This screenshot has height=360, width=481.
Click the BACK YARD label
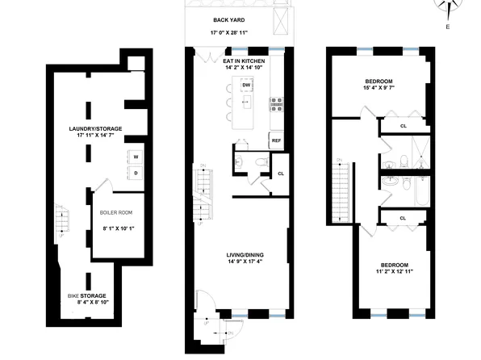click(x=229, y=19)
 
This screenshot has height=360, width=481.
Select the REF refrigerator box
click(x=275, y=140)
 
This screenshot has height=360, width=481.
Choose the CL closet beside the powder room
click(x=280, y=174)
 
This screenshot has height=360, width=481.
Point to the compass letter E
click(x=447, y=27)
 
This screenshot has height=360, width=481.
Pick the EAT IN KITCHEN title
click(x=240, y=60)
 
